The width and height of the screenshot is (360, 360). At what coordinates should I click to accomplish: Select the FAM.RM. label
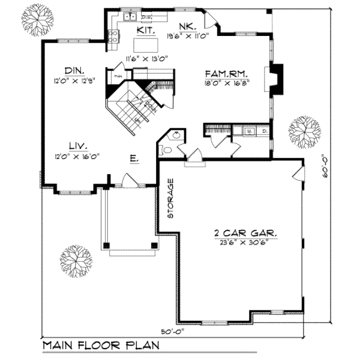(225, 73)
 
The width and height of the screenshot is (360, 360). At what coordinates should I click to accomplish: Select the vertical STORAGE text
(171, 199)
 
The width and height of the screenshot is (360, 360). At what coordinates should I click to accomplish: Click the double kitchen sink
(129, 17)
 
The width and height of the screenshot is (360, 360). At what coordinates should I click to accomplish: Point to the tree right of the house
(305, 130)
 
